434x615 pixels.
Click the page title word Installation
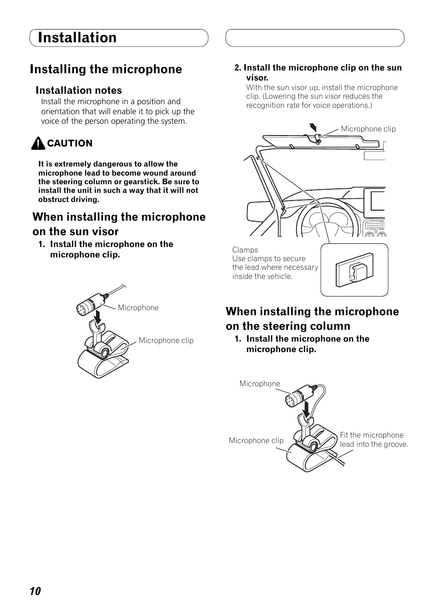click(77, 38)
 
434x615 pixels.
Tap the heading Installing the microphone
click(106, 69)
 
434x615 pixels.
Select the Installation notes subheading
click(79, 91)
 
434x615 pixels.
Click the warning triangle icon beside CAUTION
click(38, 144)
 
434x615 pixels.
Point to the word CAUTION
click(70, 143)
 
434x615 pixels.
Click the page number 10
click(35, 591)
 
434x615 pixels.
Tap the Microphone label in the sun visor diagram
click(138, 308)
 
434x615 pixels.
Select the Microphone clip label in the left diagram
click(166, 341)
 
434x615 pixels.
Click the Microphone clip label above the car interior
click(368, 129)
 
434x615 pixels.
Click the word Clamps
click(245, 250)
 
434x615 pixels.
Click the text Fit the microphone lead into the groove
click(373, 440)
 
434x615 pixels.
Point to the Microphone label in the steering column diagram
click(260, 384)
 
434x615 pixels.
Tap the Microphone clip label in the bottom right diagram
click(256, 441)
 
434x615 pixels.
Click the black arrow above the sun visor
click(312, 127)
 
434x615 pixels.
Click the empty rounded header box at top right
click(315, 38)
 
